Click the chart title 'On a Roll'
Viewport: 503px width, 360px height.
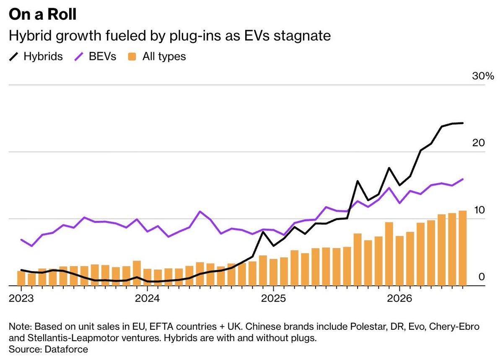click(43, 14)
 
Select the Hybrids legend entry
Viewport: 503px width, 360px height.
click(36, 56)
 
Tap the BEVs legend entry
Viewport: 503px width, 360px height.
click(95, 56)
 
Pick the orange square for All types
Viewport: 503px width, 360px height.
click(132, 57)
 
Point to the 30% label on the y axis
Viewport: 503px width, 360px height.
click(483, 76)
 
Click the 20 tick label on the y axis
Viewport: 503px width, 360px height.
click(478, 143)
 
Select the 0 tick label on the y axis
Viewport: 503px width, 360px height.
click(482, 277)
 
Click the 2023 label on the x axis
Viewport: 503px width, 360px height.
click(21, 298)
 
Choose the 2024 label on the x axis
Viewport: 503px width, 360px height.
click(147, 298)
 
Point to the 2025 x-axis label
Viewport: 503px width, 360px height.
click(273, 298)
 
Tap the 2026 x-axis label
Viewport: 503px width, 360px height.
click(400, 298)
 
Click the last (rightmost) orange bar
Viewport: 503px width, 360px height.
click(463, 248)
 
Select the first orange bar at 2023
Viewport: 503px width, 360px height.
click(21, 278)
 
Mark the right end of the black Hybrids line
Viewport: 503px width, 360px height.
click(463, 123)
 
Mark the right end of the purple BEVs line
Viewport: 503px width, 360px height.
click(463, 179)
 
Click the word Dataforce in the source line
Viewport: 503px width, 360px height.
click(66, 350)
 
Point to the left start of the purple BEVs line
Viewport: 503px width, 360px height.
click(21, 240)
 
